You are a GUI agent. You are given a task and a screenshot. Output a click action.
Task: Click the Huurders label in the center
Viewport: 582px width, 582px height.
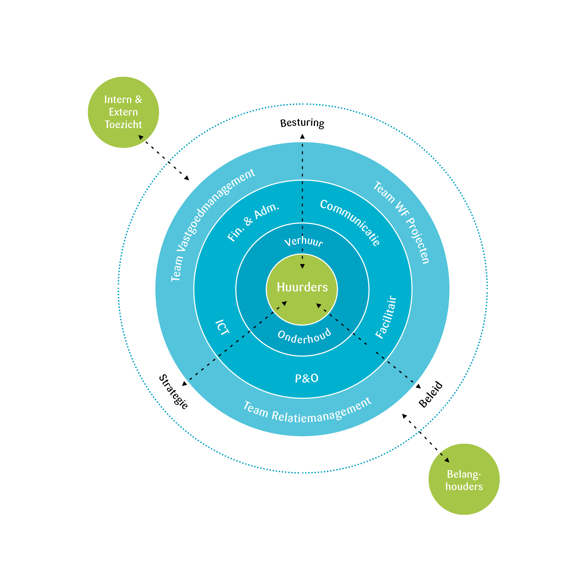(x=302, y=287)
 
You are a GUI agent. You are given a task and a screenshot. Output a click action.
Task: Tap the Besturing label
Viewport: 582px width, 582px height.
(x=302, y=123)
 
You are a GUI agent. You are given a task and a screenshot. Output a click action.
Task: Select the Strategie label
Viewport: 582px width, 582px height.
(x=173, y=392)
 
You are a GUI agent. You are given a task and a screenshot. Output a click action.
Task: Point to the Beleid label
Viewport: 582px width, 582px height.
(x=431, y=395)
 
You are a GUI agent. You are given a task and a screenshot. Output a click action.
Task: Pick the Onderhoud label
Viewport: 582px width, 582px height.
(x=304, y=337)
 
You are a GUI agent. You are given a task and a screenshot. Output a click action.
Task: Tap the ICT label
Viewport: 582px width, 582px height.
(x=223, y=327)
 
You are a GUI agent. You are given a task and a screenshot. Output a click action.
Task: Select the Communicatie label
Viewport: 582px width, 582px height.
(x=350, y=222)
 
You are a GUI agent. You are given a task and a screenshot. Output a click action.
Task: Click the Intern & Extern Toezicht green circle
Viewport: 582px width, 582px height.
(x=123, y=112)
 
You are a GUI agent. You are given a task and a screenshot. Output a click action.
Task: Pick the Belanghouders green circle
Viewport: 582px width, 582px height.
(x=464, y=479)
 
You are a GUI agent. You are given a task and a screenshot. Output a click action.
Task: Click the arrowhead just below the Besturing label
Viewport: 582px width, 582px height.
(x=302, y=137)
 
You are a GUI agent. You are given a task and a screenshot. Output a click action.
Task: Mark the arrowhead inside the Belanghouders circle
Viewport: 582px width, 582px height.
(x=447, y=460)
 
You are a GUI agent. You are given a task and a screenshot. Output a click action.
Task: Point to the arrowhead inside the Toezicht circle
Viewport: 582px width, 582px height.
(x=141, y=137)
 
